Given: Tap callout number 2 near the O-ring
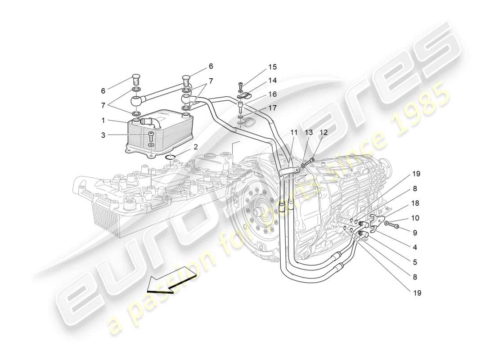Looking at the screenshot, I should (196, 147).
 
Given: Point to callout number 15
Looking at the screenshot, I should (272, 67).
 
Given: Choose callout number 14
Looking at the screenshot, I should (272, 81).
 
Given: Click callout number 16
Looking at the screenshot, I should (272, 94).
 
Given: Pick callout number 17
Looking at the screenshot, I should (272, 108).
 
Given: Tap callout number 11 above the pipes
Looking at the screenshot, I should (294, 132).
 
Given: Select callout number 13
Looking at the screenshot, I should (309, 132).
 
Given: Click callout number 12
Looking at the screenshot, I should (323, 132).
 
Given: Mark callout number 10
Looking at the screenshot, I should (415, 218).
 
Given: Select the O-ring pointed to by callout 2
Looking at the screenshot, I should (171, 157).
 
